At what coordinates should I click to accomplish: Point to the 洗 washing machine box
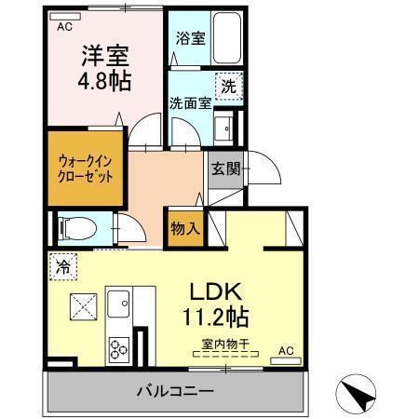tap(228, 86)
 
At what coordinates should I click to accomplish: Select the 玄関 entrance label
tap(224, 169)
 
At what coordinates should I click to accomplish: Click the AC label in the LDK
tap(287, 349)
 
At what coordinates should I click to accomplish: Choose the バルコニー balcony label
tap(177, 391)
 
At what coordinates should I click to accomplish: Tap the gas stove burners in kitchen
tap(120, 349)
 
